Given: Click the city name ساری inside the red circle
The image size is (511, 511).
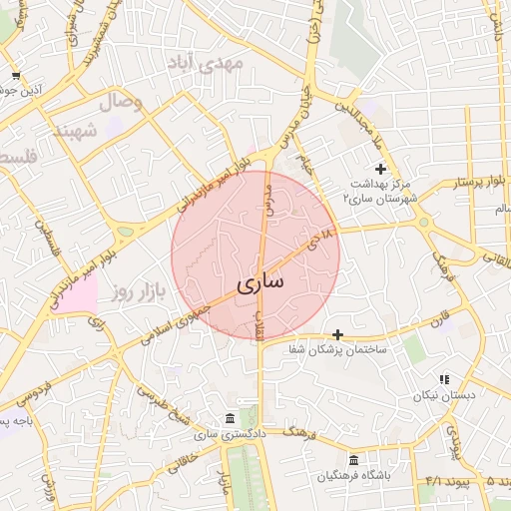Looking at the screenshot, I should [261, 283].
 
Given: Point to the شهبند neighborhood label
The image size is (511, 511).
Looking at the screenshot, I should [76, 131].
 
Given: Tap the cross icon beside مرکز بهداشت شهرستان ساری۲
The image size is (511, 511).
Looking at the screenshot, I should [379, 170].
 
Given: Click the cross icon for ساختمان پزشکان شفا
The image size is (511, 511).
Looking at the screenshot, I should [338, 334].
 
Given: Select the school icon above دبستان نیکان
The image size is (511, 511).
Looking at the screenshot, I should [444, 379].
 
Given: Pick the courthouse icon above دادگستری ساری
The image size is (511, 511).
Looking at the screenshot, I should [231, 417].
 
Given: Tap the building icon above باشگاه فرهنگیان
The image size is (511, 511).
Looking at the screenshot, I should [353, 460].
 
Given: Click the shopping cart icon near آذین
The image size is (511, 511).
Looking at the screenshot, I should [16, 75].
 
